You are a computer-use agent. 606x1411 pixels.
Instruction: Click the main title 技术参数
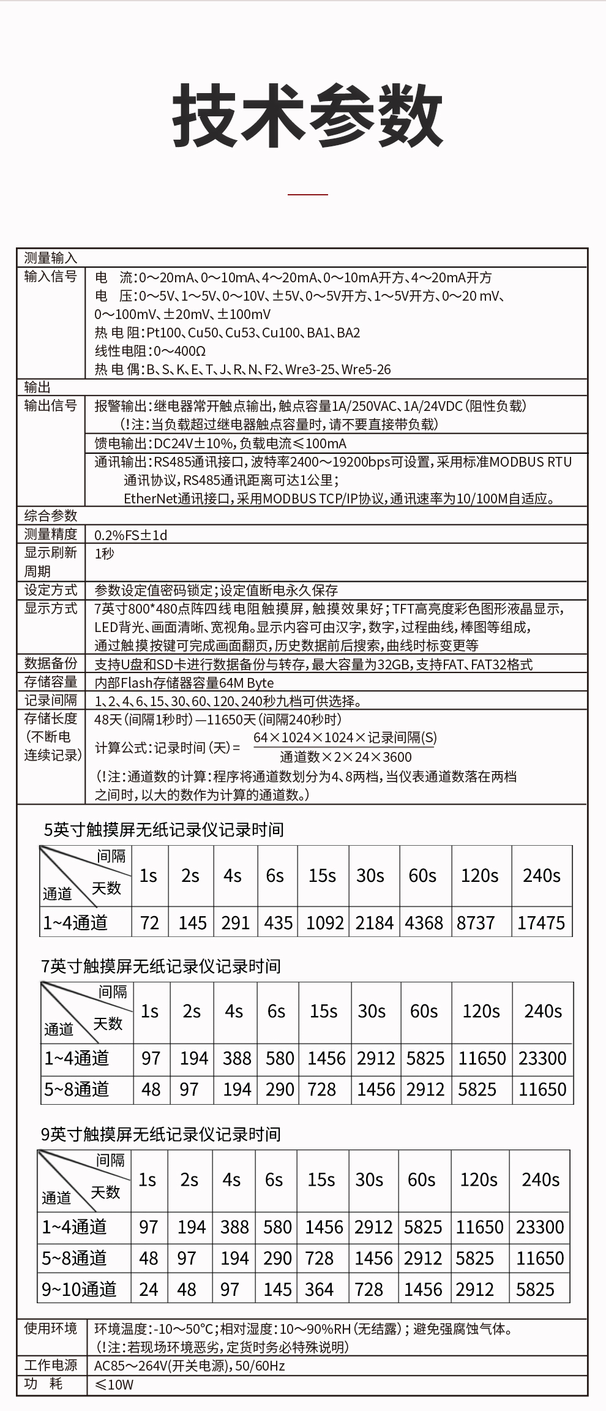pyautogui.click(x=307, y=116)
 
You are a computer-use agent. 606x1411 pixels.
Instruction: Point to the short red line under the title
pyautogui.click(x=307, y=194)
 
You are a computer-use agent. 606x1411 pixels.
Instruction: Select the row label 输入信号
pyautogui.click(x=51, y=277)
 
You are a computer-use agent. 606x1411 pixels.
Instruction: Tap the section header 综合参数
pyautogui.click(x=51, y=516)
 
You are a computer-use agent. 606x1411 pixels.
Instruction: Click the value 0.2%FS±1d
pyautogui.click(x=130, y=535)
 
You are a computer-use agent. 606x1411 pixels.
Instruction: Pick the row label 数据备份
pyautogui.click(x=51, y=663)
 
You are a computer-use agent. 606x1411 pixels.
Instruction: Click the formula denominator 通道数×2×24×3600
pyautogui.click(x=345, y=757)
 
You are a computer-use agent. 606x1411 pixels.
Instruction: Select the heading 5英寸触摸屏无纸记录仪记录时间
pyautogui.click(x=163, y=830)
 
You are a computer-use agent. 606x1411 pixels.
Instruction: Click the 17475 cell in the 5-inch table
pyautogui.click(x=541, y=923)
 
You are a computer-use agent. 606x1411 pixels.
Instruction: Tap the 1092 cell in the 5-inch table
pyautogui.click(x=324, y=923)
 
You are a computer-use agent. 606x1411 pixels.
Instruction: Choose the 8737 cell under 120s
pyautogui.click(x=476, y=923)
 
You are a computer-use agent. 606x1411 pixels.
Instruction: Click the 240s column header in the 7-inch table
pyautogui.click(x=543, y=1011)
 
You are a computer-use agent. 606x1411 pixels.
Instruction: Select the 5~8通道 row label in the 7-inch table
pyautogui.click(x=77, y=1089)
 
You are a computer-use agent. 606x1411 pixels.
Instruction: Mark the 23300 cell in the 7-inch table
pyautogui.click(x=542, y=1058)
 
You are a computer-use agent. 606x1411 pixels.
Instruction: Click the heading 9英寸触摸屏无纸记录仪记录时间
pyautogui.click(x=161, y=1134)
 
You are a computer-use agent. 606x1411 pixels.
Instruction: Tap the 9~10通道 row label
pyautogui.click(x=79, y=1289)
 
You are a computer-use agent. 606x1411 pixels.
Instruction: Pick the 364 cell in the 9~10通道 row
pyautogui.click(x=319, y=1289)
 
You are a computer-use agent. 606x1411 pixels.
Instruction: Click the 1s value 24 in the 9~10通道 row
pyautogui.click(x=149, y=1289)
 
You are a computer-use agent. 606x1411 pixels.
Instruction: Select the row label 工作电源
pyautogui.click(x=51, y=1365)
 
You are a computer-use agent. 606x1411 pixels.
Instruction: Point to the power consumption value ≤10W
pyautogui.click(x=114, y=1385)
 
